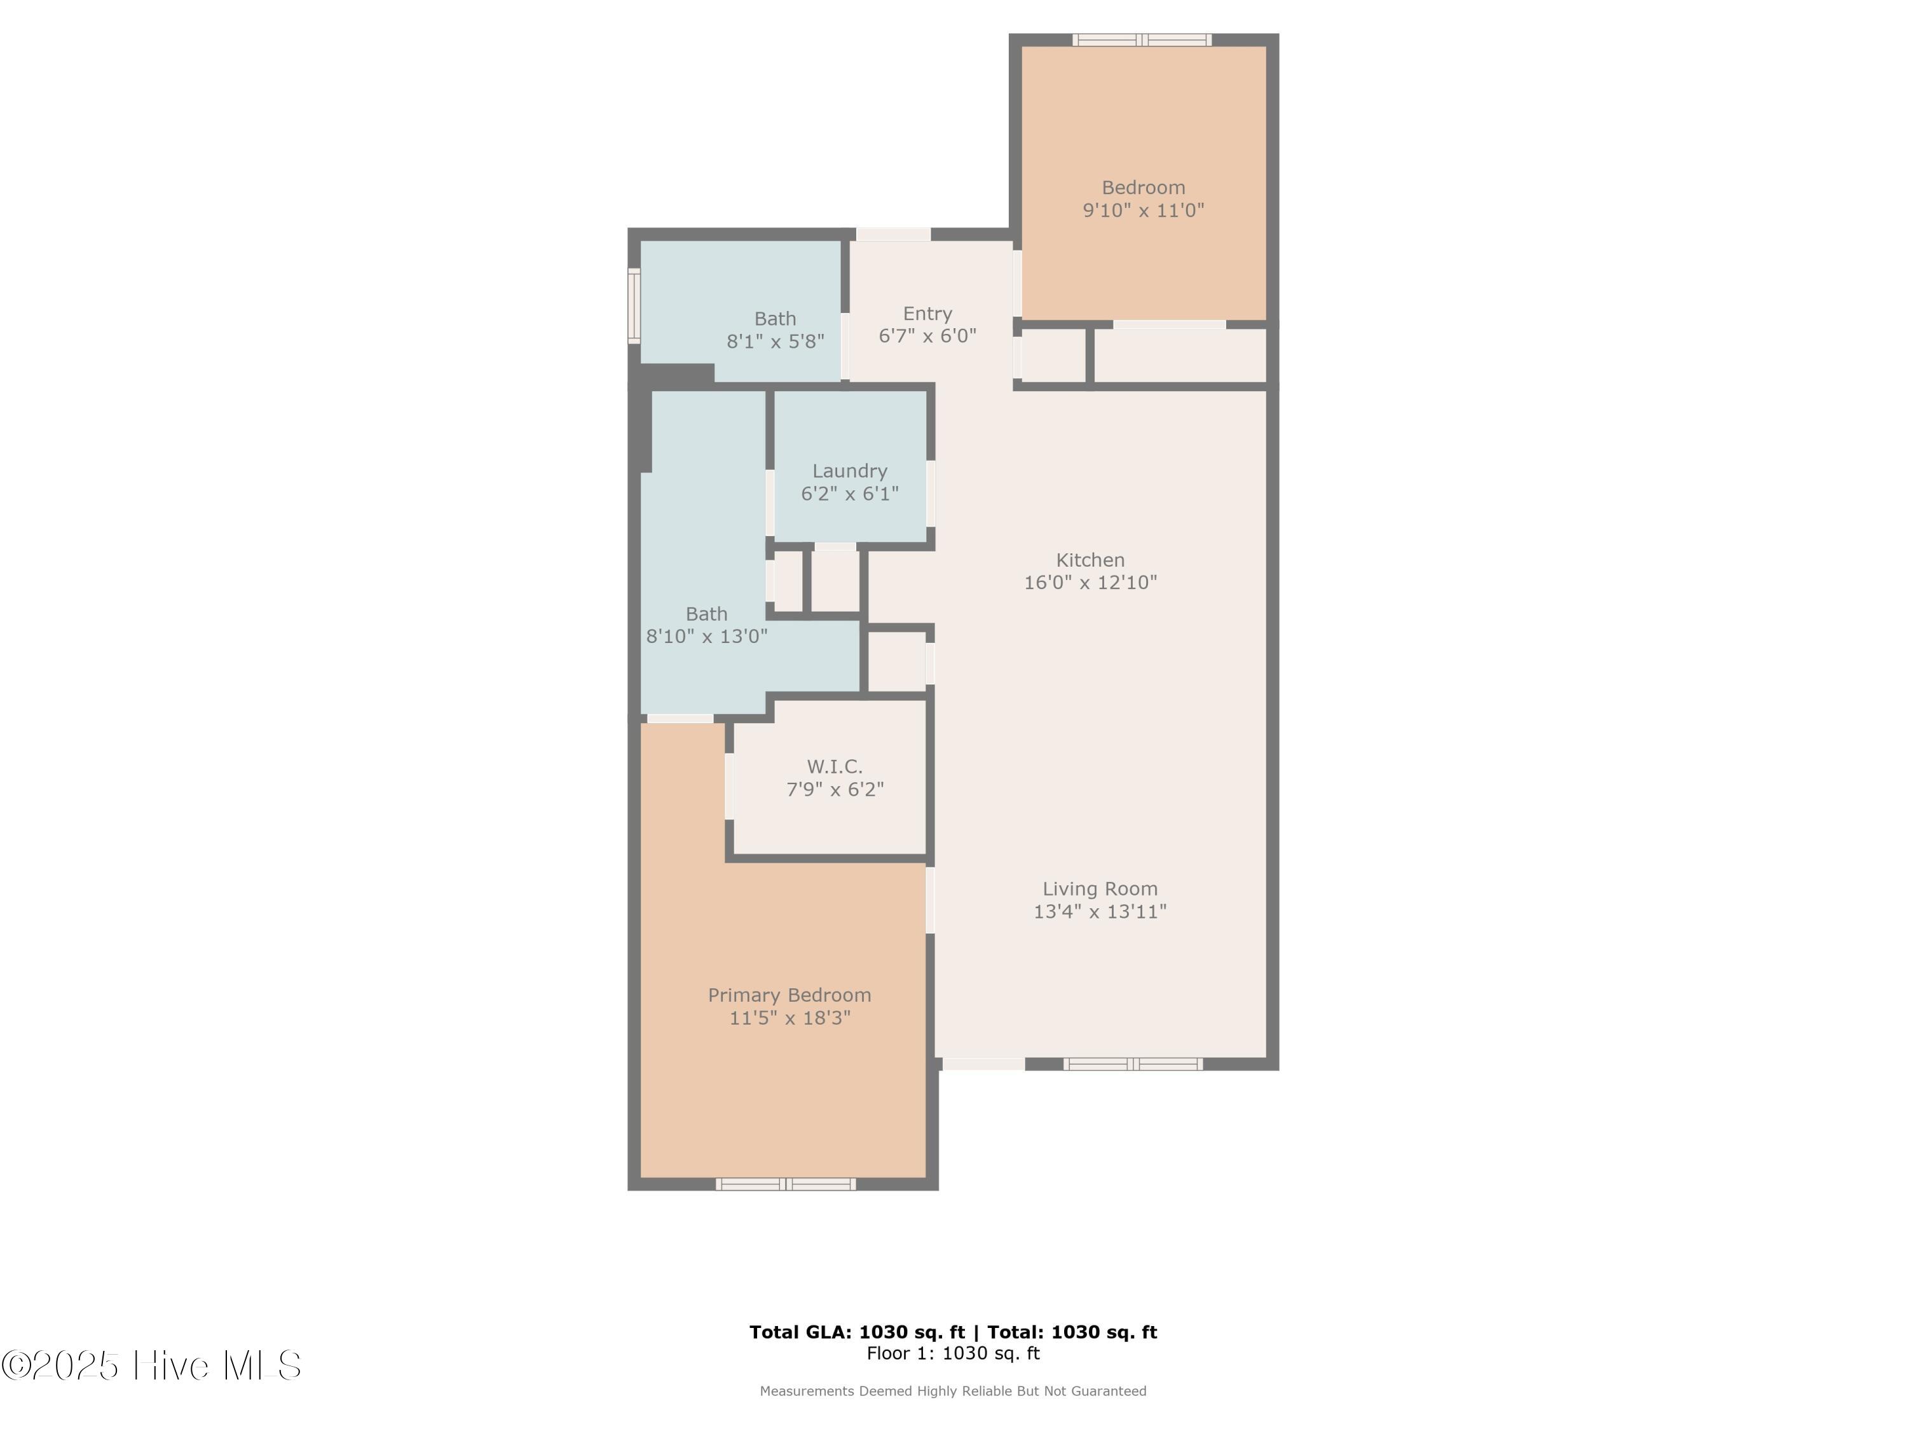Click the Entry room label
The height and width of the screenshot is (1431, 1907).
(x=927, y=313)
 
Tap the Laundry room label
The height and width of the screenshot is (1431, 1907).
(x=849, y=471)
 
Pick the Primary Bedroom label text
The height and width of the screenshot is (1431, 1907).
(x=789, y=995)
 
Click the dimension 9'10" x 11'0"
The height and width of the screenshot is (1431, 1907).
(x=1142, y=211)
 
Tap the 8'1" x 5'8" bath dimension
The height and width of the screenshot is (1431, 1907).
(x=775, y=342)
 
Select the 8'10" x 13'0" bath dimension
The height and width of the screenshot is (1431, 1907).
(x=706, y=637)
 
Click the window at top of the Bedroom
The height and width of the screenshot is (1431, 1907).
(x=1142, y=39)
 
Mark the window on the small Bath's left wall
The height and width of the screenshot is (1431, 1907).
(x=634, y=305)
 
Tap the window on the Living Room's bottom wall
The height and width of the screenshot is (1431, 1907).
(x=1132, y=1063)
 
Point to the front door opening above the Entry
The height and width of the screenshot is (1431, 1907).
(x=893, y=234)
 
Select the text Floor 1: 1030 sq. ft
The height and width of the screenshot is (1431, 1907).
(x=953, y=1353)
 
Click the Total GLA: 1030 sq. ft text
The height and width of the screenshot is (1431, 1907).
(x=856, y=1332)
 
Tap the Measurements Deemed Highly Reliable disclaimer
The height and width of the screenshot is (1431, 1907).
(x=953, y=1390)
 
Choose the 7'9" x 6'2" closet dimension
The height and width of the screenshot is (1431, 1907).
(x=835, y=789)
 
